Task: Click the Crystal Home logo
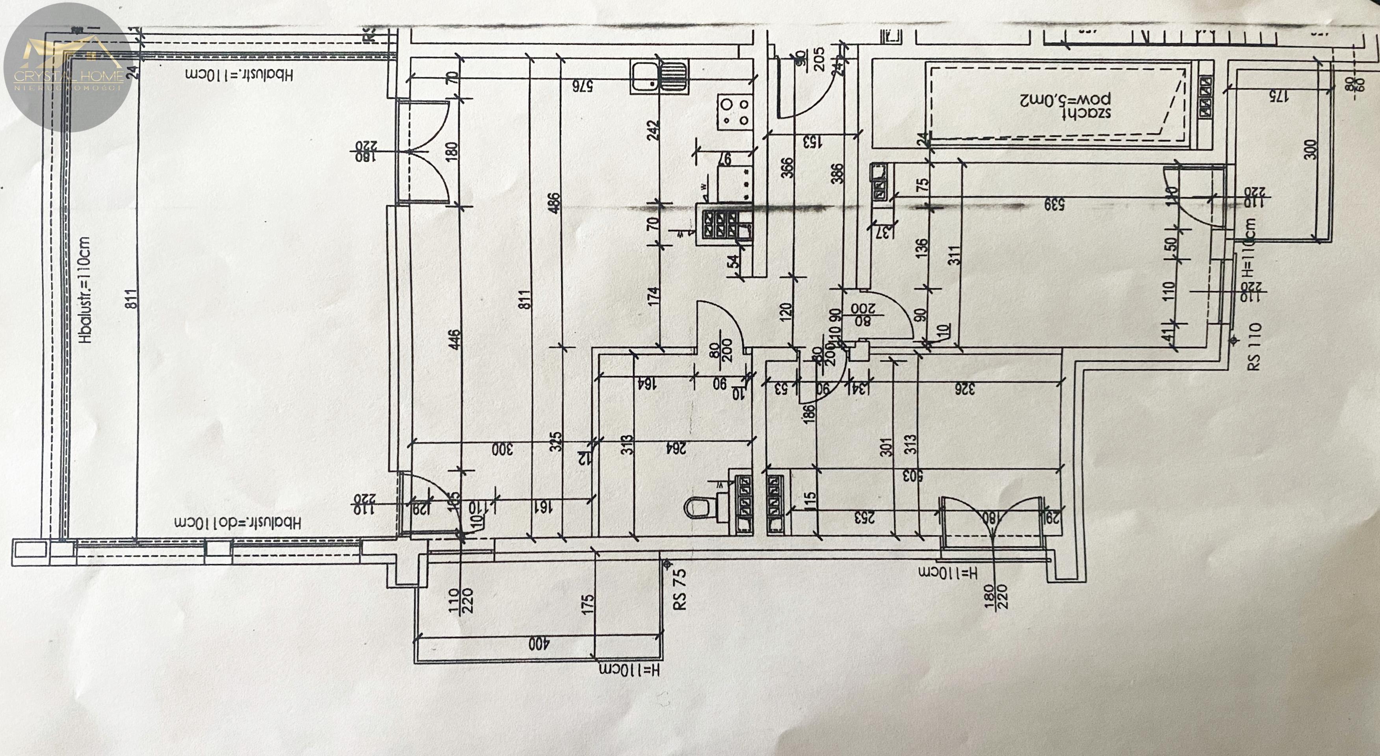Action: coord(67,67)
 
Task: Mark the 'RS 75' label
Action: coord(679,589)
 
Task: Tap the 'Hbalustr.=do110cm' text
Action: coord(238,522)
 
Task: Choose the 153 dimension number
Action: coord(812,142)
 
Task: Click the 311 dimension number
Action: coord(955,255)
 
